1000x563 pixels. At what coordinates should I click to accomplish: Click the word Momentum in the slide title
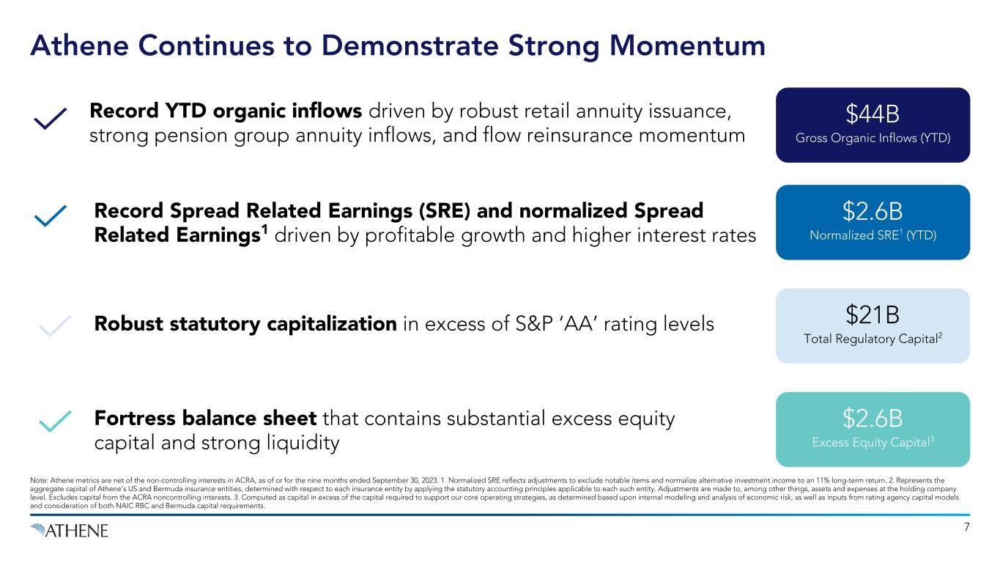pyautogui.click(x=687, y=45)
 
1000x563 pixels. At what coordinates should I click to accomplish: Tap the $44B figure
pyautogui.click(x=873, y=114)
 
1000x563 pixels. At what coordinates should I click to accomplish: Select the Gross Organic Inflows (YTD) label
pyautogui.click(x=873, y=138)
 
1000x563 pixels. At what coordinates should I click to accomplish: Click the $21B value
pyautogui.click(x=873, y=314)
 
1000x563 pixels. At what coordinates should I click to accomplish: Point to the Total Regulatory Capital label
pyautogui.click(x=873, y=339)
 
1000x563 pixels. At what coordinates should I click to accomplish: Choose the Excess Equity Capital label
pyautogui.click(x=873, y=442)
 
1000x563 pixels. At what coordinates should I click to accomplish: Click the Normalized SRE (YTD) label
pyautogui.click(x=873, y=235)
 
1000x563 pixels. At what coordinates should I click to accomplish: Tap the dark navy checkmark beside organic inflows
pyautogui.click(x=51, y=119)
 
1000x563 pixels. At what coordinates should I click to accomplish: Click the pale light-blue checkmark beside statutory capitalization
pyautogui.click(x=56, y=325)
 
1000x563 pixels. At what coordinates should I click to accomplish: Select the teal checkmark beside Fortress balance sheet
pyautogui.click(x=56, y=421)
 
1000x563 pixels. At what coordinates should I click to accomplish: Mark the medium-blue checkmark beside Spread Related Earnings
pyautogui.click(x=51, y=216)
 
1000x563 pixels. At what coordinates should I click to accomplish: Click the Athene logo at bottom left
pyautogui.click(x=69, y=531)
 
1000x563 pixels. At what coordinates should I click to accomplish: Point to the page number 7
pyautogui.click(x=967, y=527)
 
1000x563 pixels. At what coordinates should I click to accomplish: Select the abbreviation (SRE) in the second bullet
pyautogui.click(x=445, y=211)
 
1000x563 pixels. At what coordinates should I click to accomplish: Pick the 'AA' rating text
pyautogui.click(x=579, y=324)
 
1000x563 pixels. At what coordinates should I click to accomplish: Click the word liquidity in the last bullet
pyautogui.click(x=303, y=444)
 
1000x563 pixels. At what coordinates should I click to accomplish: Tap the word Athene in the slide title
pyautogui.click(x=80, y=45)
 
